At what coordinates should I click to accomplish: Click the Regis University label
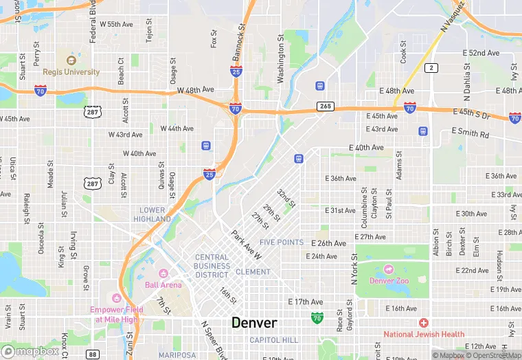(x=71, y=71)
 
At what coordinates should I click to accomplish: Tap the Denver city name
(x=254, y=322)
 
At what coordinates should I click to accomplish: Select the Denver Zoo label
(x=391, y=280)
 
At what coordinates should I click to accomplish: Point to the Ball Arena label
(x=163, y=284)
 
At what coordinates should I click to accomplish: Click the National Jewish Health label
(x=424, y=334)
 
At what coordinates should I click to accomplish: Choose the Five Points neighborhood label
(x=282, y=243)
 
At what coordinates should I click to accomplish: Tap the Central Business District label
(x=212, y=266)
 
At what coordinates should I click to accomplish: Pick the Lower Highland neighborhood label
(x=152, y=214)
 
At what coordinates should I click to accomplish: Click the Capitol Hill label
(x=274, y=340)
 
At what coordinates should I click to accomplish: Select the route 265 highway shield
(x=325, y=106)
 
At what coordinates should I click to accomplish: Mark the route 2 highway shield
(x=431, y=67)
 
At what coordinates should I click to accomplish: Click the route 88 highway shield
(x=93, y=354)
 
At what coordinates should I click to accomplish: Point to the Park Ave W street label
(x=247, y=245)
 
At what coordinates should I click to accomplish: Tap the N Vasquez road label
(x=453, y=16)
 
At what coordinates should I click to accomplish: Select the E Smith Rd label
(x=470, y=133)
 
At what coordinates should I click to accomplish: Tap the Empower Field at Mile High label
(x=116, y=313)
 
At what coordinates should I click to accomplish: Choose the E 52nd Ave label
(x=481, y=53)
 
